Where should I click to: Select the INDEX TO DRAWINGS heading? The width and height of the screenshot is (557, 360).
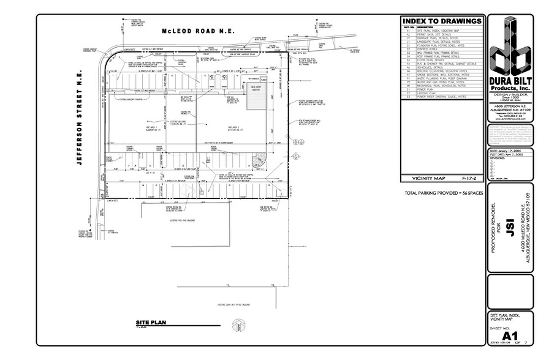pos(441,20)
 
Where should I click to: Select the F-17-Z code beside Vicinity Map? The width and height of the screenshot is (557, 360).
pos(469,179)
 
